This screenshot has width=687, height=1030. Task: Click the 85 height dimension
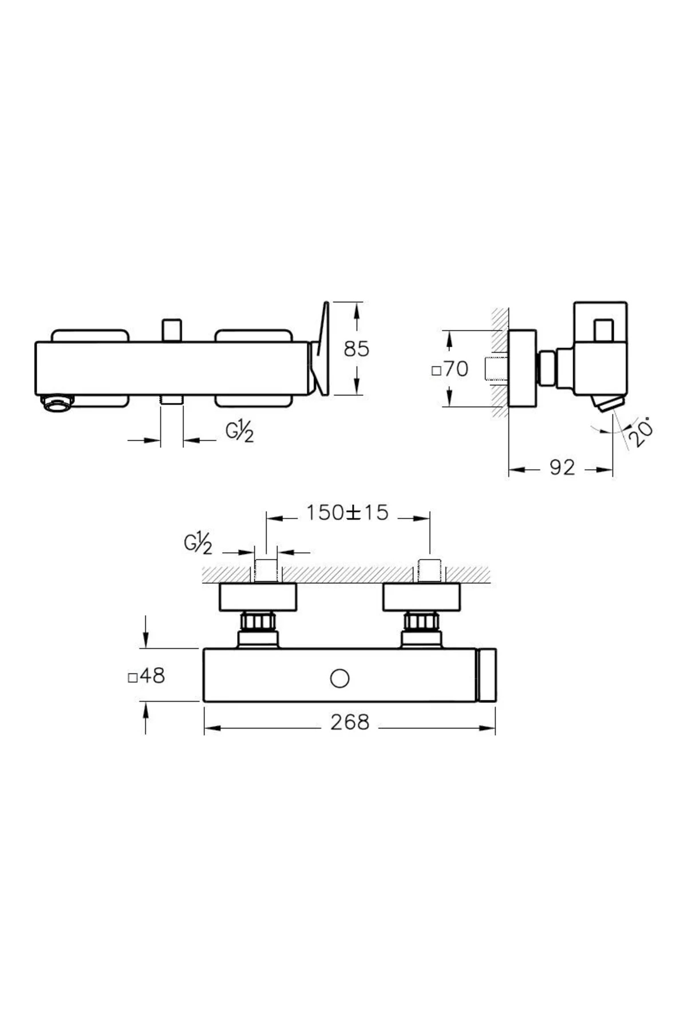(357, 348)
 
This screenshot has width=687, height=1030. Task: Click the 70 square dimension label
(451, 369)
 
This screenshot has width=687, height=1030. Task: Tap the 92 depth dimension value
(562, 468)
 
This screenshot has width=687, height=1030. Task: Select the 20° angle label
(641, 433)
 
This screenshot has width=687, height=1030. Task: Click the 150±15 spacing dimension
(347, 512)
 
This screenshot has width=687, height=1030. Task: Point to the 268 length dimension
(350, 722)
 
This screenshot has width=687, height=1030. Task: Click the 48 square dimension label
(147, 676)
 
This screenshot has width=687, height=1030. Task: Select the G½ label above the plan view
(198, 545)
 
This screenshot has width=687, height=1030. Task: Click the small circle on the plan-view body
(339, 679)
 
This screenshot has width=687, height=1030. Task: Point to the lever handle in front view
(321, 349)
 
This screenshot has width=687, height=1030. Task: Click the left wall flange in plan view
(258, 597)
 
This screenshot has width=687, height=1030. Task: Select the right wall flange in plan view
(421, 597)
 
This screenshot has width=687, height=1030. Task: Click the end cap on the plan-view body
(487, 675)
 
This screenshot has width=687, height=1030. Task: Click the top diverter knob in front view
(171, 330)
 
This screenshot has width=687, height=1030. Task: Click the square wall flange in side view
(522, 369)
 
